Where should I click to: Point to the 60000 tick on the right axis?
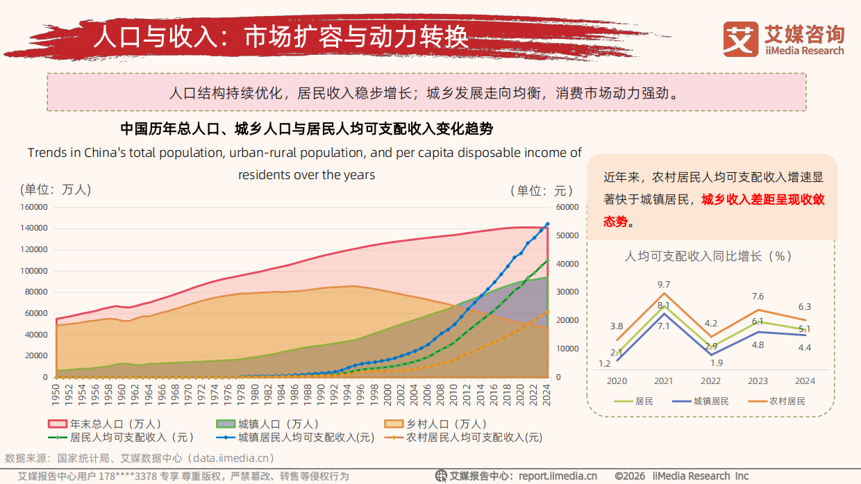tap(568, 207)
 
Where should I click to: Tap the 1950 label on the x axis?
tap(56, 399)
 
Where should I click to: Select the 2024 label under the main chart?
tap(548, 399)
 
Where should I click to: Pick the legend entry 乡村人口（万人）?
tap(437, 424)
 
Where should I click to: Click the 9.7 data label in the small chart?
tap(663, 284)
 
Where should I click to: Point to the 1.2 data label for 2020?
tap(604, 363)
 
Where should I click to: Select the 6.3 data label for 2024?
tap(804, 306)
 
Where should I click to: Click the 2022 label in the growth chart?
tap(710, 381)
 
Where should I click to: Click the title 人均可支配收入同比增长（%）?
tap(708, 256)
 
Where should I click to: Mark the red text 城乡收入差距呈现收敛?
tap(762, 200)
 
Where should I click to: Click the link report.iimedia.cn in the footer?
tap(558, 476)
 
